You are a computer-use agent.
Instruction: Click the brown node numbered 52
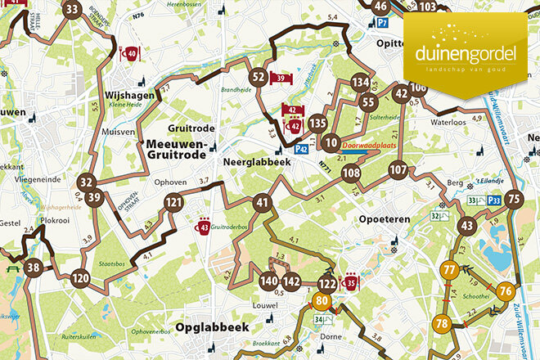pyautogui.click(x=259, y=78)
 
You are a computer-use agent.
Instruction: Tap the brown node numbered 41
pyautogui.click(x=262, y=202)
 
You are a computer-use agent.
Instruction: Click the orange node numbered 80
pyautogui.click(x=321, y=300)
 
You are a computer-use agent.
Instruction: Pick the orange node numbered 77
pyautogui.click(x=448, y=270)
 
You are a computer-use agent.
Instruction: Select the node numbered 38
pyautogui.click(x=33, y=268)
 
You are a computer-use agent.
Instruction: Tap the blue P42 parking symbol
pyautogui.click(x=301, y=149)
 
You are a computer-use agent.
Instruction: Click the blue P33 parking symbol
pyautogui.click(x=494, y=200)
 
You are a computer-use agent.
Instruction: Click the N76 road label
pyautogui.click(x=137, y=38)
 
